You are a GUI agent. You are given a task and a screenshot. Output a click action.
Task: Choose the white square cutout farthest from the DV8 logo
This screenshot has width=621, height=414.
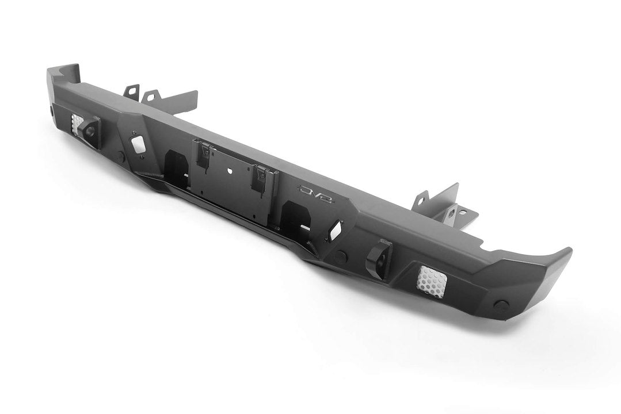tap(138, 144)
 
